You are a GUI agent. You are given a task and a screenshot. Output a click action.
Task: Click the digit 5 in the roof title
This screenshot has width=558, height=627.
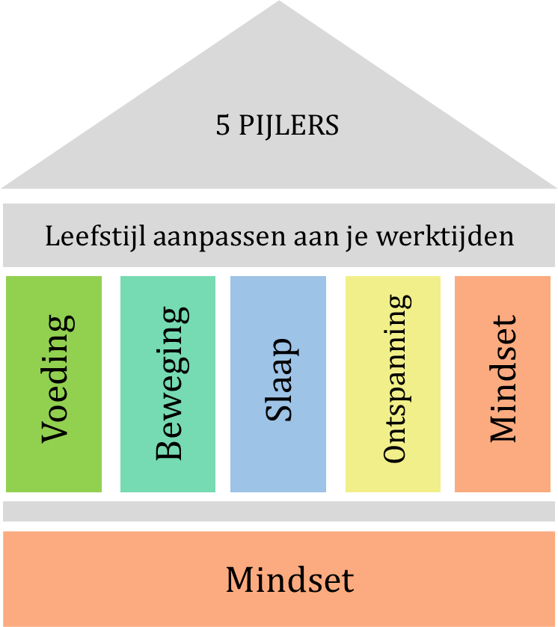(223, 125)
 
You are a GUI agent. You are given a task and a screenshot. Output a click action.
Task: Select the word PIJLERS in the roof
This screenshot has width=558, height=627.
(289, 126)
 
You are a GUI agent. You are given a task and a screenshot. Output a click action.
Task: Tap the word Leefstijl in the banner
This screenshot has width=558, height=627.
(96, 236)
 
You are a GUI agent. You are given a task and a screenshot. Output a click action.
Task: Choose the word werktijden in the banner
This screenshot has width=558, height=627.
(445, 236)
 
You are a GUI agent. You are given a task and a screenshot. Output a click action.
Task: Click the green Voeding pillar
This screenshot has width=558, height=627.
(54, 384)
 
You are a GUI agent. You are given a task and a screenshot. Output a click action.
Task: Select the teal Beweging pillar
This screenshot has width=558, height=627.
(168, 384)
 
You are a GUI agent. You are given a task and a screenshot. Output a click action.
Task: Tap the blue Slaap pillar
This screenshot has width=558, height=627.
(278, 384)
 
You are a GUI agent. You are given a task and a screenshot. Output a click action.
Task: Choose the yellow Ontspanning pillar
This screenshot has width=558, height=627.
(393, 384)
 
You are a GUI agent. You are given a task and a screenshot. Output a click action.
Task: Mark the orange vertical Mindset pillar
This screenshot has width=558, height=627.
(503, 384)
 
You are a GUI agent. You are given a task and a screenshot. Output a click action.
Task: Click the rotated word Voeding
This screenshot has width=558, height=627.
(58, 379)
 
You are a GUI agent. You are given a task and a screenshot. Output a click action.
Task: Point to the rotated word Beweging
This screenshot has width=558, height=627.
(172, 383)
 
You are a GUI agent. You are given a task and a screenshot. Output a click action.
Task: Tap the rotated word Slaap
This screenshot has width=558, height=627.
(281, 380)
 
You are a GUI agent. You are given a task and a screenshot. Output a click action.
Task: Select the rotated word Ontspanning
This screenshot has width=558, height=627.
(397, 379)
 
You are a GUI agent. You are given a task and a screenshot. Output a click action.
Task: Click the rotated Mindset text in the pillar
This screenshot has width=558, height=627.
(503, 379)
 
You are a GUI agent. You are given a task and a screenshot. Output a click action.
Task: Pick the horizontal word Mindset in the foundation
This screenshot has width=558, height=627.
(289, 579)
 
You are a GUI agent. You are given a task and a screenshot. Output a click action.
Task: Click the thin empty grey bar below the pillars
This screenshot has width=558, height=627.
(279, 511)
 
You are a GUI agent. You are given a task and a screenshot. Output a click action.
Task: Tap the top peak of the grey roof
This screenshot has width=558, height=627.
(279, 1)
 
